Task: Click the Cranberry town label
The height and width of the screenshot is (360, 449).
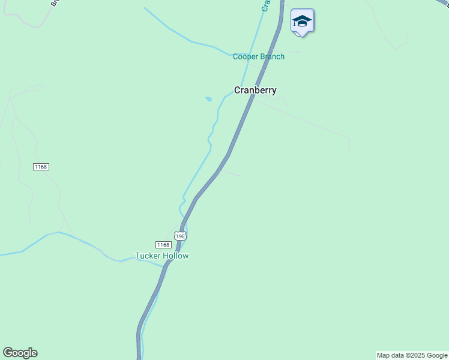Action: click(x=255, y=91)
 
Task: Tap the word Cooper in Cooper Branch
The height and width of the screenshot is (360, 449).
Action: click(x=246, y=57)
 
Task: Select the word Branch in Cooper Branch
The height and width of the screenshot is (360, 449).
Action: click(x=273, y=57)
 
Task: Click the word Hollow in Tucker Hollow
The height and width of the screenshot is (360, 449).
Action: click(x=175, y=256)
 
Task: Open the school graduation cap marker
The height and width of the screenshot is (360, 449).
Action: click(x=302, y=22)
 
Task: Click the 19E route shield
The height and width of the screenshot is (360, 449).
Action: click(x=180, y=236)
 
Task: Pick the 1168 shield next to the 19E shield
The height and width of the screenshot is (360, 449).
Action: click(x=163, y=245)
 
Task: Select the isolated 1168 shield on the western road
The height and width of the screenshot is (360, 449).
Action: click(x=41, y=166)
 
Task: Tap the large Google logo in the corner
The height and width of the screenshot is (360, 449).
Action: click(x=20, y=353)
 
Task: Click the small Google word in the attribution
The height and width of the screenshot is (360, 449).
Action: click(x=437, y=355)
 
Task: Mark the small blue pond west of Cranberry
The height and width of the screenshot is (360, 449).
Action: click(x=208, y=99)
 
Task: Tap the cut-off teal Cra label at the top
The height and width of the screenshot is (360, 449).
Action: click(x=265, y=5)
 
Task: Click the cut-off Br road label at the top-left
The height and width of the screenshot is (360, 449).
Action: click(x=54, y=2)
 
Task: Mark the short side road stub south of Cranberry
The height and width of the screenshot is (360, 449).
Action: click(x=231, y=173)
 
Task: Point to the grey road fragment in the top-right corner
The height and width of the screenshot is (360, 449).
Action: click(x=442, y=3)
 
